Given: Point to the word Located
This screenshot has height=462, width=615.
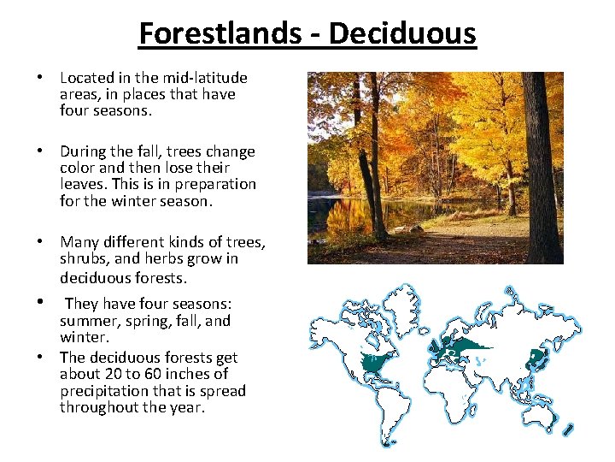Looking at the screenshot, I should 87,78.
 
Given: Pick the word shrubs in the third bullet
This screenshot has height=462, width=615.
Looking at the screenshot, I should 84,258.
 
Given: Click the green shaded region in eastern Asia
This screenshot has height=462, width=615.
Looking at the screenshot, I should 537,357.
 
